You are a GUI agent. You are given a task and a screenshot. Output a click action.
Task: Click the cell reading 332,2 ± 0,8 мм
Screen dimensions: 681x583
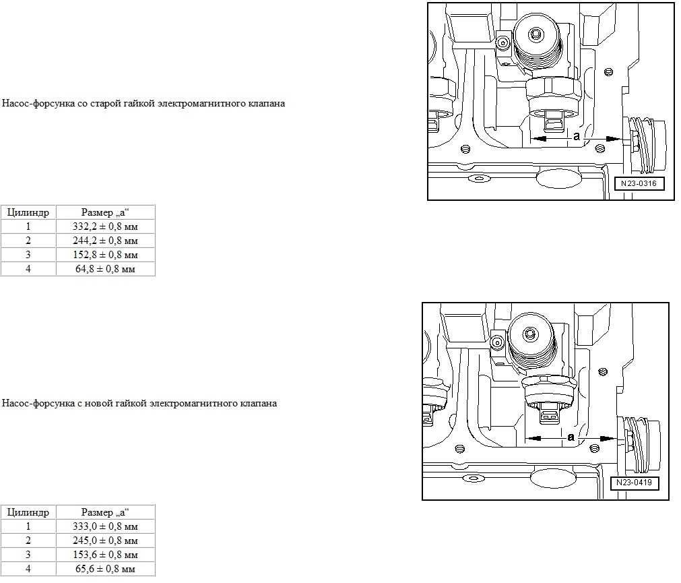(106, 226)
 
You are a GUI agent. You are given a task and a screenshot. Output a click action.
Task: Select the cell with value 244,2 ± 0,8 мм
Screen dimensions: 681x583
(106, 241)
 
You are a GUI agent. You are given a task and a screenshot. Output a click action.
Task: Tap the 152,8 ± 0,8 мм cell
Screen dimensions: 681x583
(106, 255)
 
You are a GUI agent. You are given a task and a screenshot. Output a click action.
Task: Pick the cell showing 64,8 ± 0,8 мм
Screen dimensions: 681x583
(106, 269)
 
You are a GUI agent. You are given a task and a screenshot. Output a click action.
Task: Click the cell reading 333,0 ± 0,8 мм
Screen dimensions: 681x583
(106, 526)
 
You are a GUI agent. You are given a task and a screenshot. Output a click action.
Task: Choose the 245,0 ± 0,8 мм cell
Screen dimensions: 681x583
(106, 541)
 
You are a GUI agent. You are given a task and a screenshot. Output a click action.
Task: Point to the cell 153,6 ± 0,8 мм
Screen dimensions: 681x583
(106, 555)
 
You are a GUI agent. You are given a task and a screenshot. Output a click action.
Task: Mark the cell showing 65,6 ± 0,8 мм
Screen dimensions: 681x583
(106, 569)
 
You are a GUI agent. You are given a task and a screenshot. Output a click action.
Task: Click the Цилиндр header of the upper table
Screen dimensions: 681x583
(28, 212)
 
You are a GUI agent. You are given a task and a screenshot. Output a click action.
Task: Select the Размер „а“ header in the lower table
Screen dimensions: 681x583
(106, 513)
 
